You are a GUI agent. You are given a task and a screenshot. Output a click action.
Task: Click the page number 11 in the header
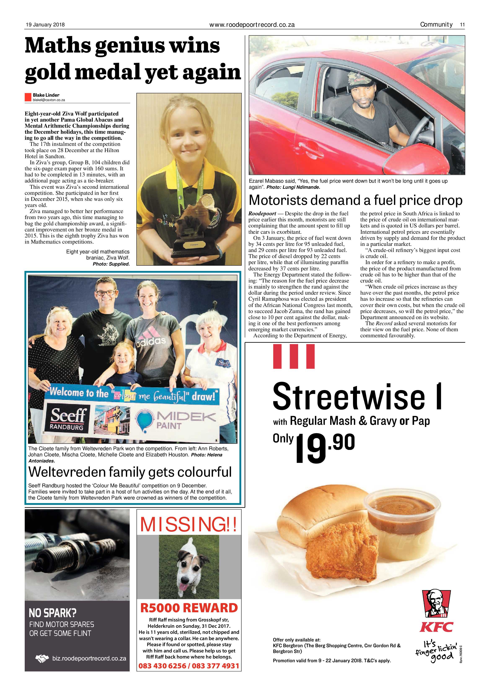pos(462,25)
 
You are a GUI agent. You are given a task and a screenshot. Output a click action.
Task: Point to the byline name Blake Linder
pos(46,95)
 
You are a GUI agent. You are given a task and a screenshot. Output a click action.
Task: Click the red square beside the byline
pos(28,97)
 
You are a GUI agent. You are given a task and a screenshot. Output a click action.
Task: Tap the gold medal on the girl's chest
pos(207,199)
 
